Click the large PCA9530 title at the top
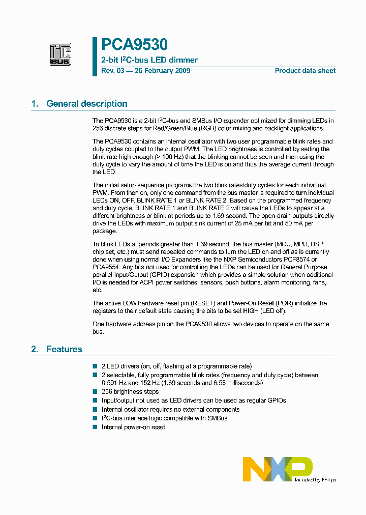pyautogui.click(x=134, y=45)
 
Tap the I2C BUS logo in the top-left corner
pyautogui.click(x=60, y=54)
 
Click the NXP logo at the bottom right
pyautogui.click(x=278, y=468)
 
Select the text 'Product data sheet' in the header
pyautogui.click(x=305, y=71)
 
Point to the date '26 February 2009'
pyautogui.click(x=162, y=71)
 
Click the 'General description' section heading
pyautogui.click(x=86, y=104)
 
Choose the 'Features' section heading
pyautogui.click(x=64, y=349)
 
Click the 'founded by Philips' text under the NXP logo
pyautogui.click(x=315, y=480)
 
